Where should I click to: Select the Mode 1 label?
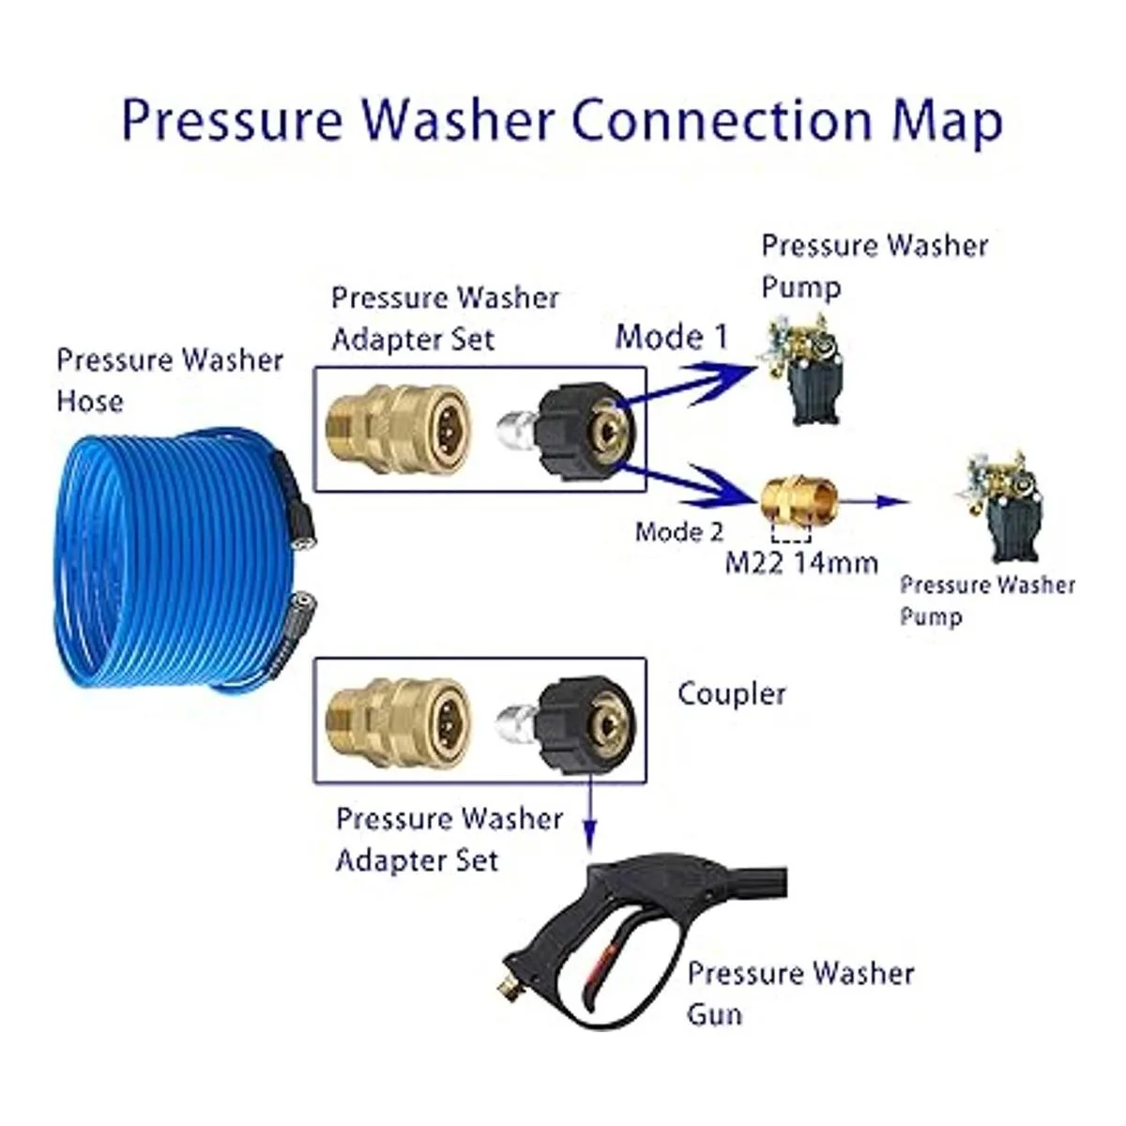671,337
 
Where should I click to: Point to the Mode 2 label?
679,532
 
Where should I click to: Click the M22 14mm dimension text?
802,562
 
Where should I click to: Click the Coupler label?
731,694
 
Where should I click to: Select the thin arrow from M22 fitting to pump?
877,501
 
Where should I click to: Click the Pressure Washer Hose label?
169,380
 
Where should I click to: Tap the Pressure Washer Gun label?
800,993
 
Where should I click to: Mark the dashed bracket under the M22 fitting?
790,534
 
